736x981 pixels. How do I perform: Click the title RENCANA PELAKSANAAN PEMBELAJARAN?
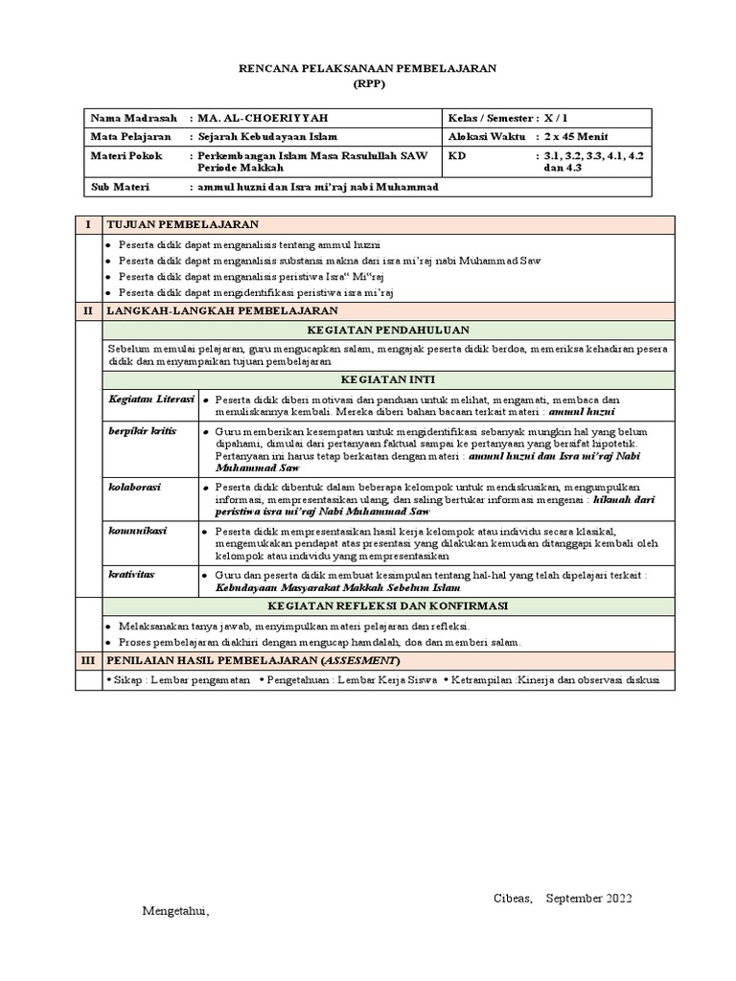pos(368,69)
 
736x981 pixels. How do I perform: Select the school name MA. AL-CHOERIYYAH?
pos(262,118)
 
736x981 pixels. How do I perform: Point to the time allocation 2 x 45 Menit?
pos(572,137)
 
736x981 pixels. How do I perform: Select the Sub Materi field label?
pos(120,187)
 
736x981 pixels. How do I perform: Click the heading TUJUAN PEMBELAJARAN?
pos(182,224)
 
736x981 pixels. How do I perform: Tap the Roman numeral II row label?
pos(88,310)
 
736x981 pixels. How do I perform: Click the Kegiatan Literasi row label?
pos(150,398)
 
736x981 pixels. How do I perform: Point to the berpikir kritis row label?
pos(142,432)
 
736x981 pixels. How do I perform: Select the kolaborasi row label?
pos(134,488)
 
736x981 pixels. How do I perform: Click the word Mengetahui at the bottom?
pos(175,911)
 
